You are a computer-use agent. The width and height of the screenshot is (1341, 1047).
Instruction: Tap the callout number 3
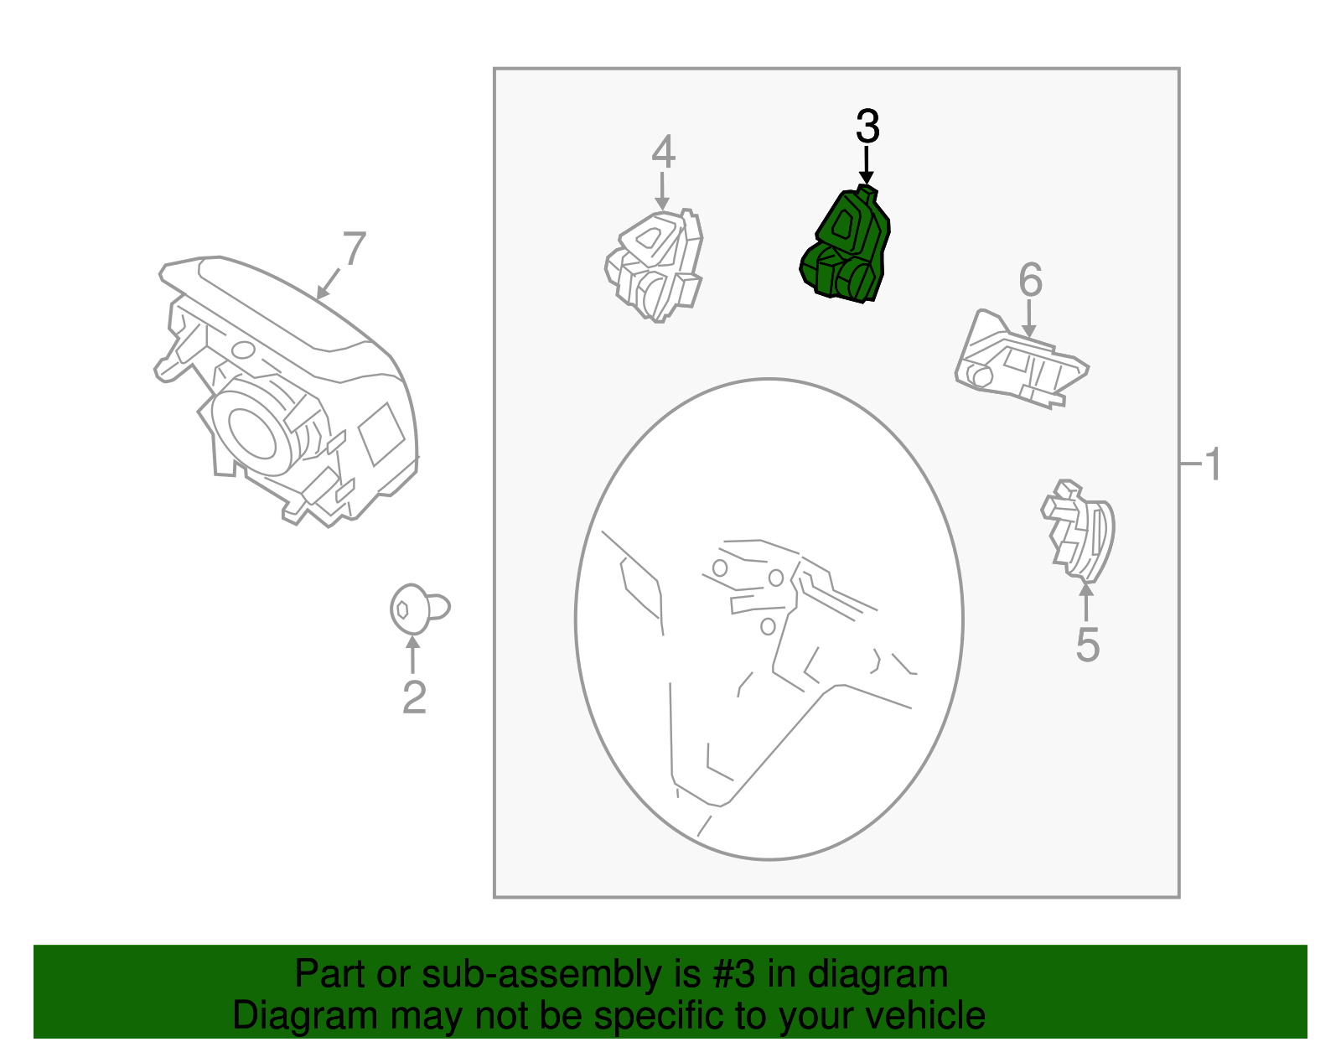[867, 127]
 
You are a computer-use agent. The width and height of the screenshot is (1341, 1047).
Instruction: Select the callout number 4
[663, 152]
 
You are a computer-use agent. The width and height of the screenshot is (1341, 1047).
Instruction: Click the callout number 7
[355, 249]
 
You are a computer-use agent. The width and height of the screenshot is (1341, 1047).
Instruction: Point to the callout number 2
[414, 697]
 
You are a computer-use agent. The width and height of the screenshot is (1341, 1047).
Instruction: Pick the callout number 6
[1030, 280]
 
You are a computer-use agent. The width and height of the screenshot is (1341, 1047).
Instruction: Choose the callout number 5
[1087, 645]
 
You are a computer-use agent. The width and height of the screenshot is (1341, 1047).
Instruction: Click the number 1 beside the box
[1212, 464]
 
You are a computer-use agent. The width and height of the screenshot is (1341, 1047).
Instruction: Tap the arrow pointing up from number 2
[412, 656]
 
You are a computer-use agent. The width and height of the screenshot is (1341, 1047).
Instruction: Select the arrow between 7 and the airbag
[329, 283]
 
